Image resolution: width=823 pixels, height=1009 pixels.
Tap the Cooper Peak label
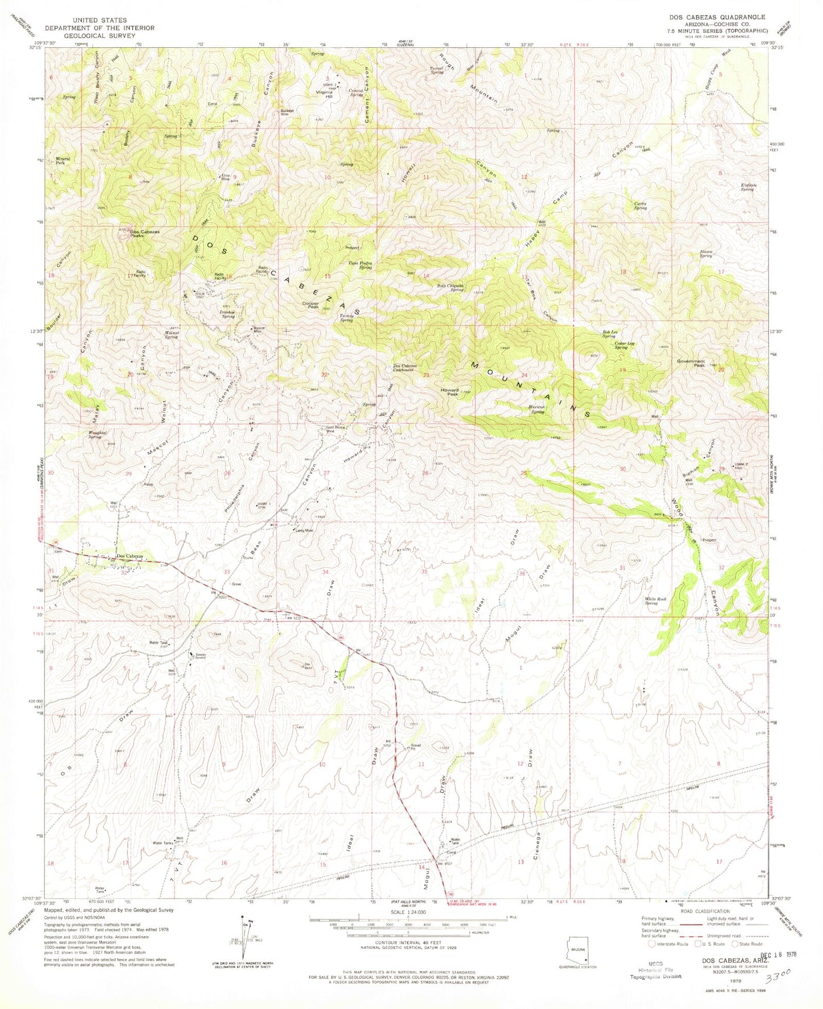310,305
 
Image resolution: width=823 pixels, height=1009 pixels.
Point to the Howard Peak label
449,392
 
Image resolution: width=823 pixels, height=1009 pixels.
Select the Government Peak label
691,363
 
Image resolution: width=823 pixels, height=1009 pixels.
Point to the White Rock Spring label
655,601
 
